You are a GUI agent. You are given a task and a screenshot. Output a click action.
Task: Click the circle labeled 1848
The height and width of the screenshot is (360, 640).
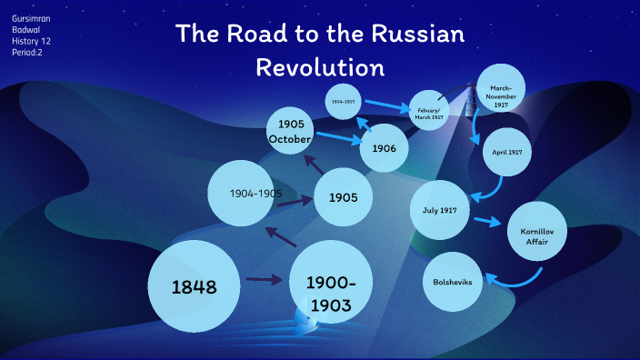(194, 285)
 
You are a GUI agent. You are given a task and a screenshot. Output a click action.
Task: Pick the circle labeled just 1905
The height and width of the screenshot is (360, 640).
(344, 197)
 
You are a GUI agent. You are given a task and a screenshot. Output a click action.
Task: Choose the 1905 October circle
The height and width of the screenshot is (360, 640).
(291, 131)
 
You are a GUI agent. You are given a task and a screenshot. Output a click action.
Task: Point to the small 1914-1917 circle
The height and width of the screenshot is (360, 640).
(343, 101)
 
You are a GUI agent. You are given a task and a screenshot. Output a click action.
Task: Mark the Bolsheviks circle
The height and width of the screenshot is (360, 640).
(454, 282)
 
